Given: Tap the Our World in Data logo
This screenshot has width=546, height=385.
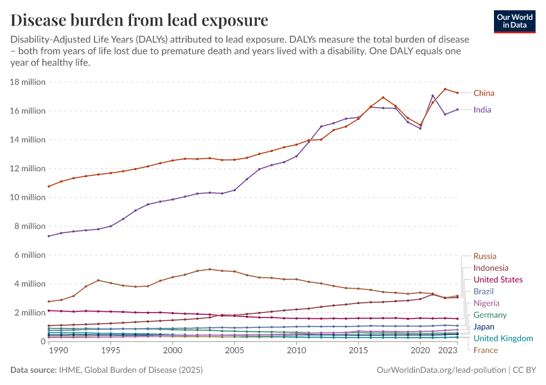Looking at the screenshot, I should [516, 21].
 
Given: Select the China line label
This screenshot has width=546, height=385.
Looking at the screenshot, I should [484, 93].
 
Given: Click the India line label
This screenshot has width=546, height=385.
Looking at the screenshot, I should [482, 110].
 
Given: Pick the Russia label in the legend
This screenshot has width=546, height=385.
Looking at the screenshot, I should [484, 256].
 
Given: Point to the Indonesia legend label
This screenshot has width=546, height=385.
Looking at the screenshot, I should [490, 268].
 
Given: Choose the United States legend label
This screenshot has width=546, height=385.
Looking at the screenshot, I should [497, 280].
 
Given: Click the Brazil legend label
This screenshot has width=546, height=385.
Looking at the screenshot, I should [484, 291].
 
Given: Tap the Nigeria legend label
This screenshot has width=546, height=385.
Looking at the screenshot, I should [486, 303].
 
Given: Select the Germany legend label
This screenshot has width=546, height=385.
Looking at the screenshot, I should [489, 315].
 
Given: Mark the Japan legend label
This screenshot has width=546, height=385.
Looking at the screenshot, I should [484, 327].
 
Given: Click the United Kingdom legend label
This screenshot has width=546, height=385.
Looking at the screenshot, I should [502, 338].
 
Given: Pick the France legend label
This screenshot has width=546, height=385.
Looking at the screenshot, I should [485, 350].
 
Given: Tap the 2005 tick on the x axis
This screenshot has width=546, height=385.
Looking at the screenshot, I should [234, 352].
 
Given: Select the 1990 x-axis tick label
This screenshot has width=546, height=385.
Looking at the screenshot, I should [58, 352].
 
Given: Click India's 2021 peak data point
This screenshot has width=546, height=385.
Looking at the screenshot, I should [432, 96].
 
